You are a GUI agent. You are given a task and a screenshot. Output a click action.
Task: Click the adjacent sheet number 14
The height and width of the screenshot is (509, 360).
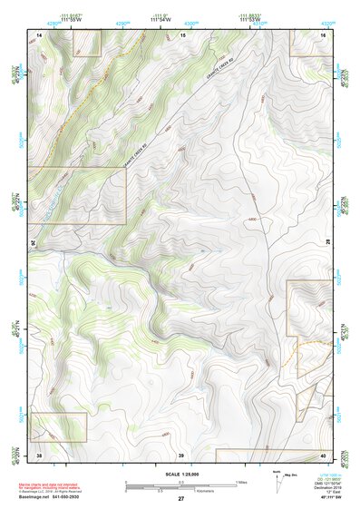pos(39,34)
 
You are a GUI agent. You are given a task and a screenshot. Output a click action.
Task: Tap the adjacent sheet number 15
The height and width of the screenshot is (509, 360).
pos(181,34)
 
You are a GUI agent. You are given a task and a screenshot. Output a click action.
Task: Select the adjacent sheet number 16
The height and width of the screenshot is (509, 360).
pos(323,34)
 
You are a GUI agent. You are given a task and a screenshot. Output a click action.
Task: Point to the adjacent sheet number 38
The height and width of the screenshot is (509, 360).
pos(39,454)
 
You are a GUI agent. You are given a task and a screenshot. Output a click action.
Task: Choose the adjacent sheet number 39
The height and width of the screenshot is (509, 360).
pos(181,454)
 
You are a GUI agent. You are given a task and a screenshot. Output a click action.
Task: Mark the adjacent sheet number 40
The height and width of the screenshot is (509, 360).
pos(323,454)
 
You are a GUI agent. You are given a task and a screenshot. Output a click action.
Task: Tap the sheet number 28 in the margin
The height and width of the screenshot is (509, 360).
pos(328,243)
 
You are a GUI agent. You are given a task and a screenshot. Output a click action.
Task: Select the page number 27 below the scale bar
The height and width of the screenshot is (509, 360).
pos(181,499)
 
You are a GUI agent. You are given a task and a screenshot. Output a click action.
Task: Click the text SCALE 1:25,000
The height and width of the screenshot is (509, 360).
pos(181,475)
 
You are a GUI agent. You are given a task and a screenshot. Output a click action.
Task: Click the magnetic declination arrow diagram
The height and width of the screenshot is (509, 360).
pos(277,481)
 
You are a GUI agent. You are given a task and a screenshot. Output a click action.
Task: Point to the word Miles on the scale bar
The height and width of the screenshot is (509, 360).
pos(241,480)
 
